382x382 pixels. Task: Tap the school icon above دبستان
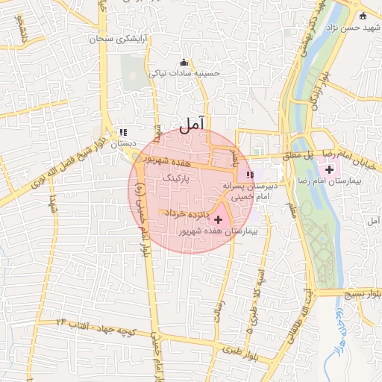click(123, 133)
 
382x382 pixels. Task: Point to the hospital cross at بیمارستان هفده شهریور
click(218, 219)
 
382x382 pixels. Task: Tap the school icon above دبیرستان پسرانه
click(250, 175)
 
